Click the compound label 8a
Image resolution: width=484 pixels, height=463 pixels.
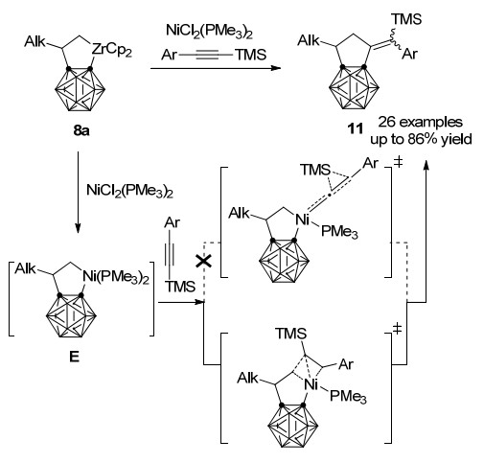[81, 130]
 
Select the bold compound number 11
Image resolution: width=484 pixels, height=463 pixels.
[356, 128]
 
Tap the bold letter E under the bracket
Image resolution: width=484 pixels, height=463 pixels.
[74, 357]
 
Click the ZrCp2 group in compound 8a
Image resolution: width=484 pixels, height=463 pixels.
[112, 50]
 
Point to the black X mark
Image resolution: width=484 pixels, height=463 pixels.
[203, 262]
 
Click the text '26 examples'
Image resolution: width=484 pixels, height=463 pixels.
[421, 122]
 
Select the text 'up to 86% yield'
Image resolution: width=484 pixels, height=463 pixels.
[421, 139]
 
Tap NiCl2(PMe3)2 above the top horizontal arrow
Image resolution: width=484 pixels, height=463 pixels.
[209, 31]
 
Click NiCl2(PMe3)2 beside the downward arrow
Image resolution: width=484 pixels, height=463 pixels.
[129, 191]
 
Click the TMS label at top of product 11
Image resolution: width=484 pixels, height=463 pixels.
[406, 19]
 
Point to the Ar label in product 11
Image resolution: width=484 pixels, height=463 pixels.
[409, 54]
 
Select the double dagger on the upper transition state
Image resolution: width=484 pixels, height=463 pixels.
[398, 163]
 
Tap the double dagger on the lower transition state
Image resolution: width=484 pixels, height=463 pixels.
[397, 328]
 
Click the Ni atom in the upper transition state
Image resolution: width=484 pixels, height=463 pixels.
[302, 220]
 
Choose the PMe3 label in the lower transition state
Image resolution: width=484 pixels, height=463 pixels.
[348, 397]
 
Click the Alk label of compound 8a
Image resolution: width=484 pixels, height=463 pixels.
[35, 42]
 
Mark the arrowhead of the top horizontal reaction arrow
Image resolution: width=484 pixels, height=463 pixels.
[276, 68]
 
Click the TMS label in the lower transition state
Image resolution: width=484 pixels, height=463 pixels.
[291, 334]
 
